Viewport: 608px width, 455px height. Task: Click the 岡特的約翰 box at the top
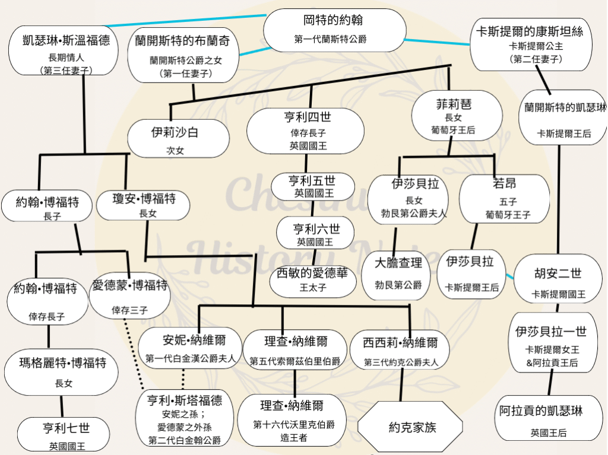point(335,30)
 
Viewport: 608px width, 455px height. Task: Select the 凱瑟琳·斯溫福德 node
point(64,50)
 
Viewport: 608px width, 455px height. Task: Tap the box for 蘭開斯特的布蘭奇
point(183,55)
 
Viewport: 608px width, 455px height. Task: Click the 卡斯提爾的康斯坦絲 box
point(531,44)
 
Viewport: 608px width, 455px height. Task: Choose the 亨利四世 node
point(306,131)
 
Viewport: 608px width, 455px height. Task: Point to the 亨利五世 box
point(313,186)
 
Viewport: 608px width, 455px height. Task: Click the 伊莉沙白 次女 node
point(178,138)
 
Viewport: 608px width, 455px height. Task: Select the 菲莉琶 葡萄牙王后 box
point(457,115)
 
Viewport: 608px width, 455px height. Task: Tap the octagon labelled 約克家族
point(410,427)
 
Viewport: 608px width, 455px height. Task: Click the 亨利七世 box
point(64,434)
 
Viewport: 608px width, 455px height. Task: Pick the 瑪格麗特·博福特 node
point(61,373)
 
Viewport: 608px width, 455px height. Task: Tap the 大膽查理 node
point(396,275)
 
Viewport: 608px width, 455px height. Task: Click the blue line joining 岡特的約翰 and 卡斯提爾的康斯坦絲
point(437,42)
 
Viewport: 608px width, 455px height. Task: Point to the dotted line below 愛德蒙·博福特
point(134,354)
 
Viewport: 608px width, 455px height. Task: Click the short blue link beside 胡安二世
point(510,276)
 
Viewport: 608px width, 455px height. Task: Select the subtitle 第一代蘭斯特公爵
point(330,39)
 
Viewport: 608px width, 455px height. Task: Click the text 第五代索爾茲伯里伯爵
point(294,361)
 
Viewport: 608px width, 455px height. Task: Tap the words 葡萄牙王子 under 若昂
point(508,214)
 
